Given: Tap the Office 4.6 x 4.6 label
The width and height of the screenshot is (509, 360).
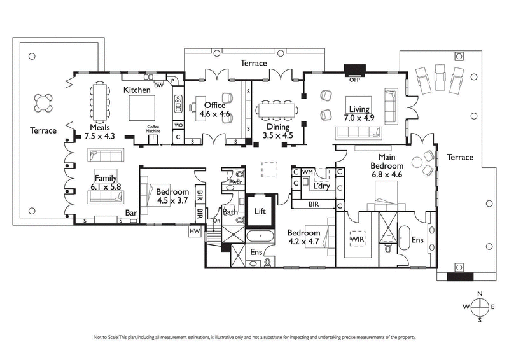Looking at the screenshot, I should [x=214, y=110].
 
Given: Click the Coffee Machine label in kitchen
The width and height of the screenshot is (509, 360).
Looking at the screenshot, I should [x=153, y=128].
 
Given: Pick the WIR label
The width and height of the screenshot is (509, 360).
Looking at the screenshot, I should [x=356, y=239].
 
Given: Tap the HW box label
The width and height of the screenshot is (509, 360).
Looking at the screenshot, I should [x=195, y=232].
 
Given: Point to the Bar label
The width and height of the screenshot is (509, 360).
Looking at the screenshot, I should [x=132, y=214].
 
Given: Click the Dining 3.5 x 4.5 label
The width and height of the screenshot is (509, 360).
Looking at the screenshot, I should [x=277, y=130].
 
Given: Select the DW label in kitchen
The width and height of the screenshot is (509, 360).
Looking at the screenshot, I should [x=158, y=84].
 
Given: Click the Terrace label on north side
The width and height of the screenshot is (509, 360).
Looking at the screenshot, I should [x=253, y=63].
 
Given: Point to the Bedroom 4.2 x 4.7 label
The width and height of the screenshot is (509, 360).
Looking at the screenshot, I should [x=303, y=237].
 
